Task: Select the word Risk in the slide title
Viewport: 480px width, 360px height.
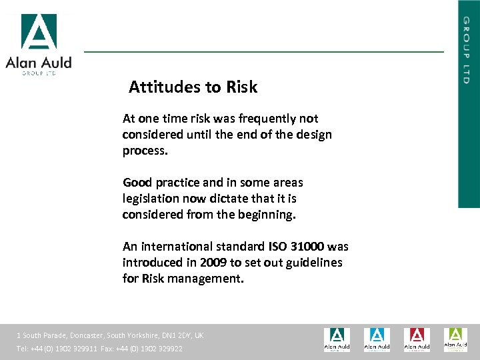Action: pos(241,87)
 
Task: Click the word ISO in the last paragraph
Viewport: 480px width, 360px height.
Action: pos(277,247)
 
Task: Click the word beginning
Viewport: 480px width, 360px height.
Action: pos(267,215)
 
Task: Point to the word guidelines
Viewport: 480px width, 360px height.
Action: pos(312,263)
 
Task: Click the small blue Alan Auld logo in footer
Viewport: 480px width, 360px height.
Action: pos(377,339)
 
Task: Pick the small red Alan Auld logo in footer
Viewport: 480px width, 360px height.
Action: pos(417,339)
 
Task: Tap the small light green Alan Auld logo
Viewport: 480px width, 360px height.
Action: pos(455,339)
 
